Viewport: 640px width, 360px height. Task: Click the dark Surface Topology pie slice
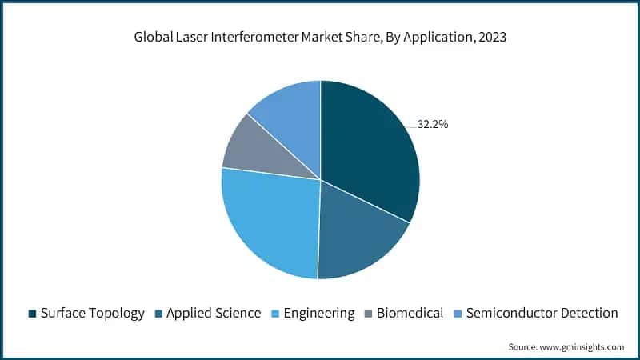click(368, 148)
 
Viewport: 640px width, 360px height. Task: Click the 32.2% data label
click(433, 125)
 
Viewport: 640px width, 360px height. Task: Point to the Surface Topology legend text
click(93, 313)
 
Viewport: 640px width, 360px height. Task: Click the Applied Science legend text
click(214, 313)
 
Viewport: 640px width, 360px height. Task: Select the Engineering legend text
click(319, 313)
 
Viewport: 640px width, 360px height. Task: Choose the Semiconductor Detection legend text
click(542, 313)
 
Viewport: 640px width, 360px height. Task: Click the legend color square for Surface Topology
click(32, 314)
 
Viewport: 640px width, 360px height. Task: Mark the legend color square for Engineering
click(277, 314)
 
